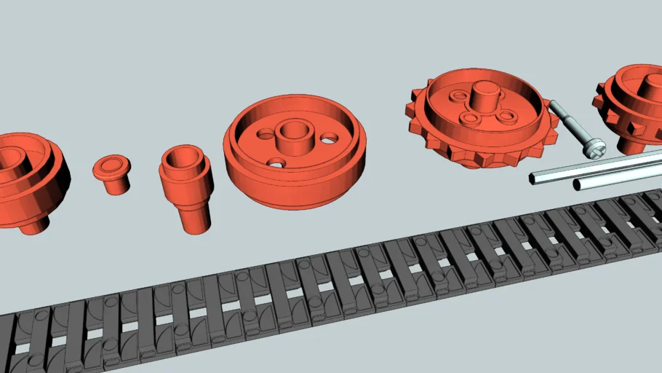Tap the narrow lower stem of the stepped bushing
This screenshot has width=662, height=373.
pos(195,218)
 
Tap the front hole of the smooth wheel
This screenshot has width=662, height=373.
pos(276,162)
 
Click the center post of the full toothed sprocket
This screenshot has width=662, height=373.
pos(484,95)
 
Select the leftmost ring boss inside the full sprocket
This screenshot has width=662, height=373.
pos(458,97)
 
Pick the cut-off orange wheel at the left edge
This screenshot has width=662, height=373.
pos(29,182)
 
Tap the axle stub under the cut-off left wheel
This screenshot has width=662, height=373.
pos(33,224)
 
